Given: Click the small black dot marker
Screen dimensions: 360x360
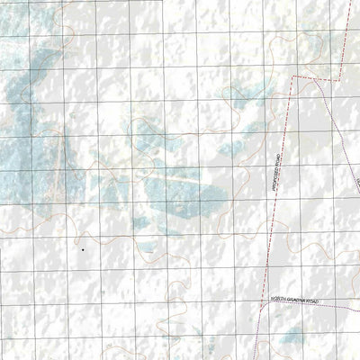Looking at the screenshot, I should coord(82,249).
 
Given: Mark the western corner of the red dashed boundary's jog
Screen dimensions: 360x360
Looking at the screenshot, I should coord(292,78).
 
